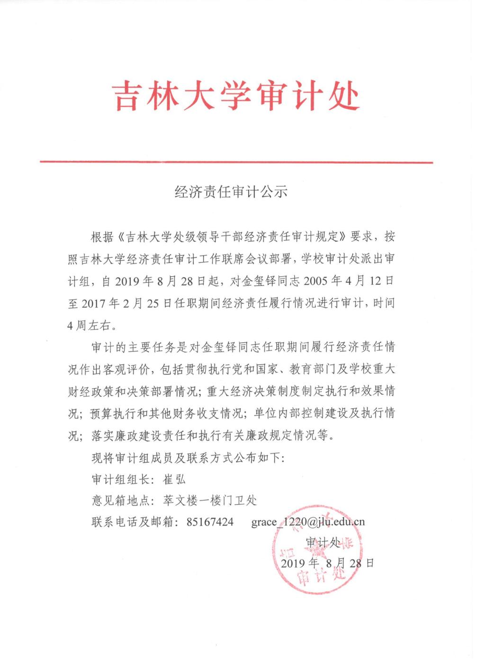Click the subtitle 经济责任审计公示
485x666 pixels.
(x=231, y=192)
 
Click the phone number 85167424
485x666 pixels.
(x=210, y=522)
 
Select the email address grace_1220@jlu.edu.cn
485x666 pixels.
(x=308, y=522)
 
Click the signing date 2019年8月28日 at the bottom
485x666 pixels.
(x=327, y=563)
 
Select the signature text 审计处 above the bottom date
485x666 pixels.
(x=323, y=542)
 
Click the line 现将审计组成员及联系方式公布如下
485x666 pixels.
(x=187, y=458)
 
